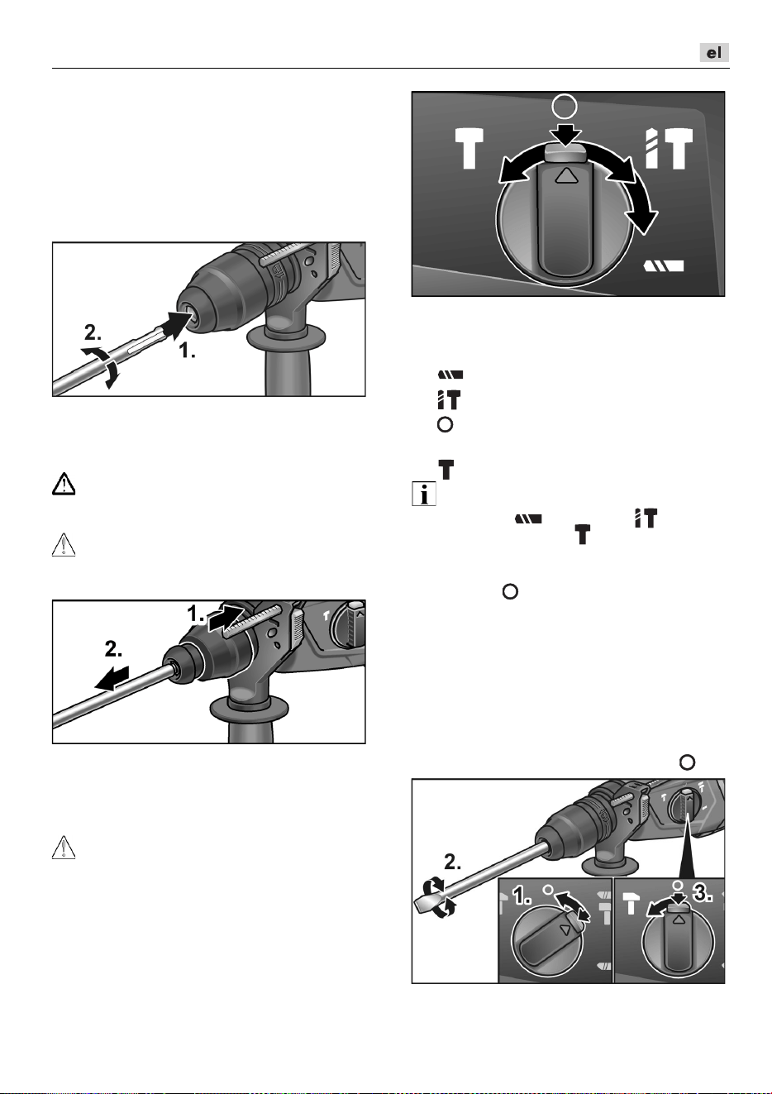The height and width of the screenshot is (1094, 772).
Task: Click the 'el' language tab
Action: [714, 53]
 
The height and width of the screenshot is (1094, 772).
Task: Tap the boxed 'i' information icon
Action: [424, 494]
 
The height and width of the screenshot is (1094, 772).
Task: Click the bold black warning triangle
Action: [64, 484]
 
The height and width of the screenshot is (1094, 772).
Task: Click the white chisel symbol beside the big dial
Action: [664, 266]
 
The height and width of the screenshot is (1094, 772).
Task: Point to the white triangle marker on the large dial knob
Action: [566, 174]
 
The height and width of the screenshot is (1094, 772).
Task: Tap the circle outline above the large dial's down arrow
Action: [565, 106]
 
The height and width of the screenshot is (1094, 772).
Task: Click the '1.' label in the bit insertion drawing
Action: [188, 350]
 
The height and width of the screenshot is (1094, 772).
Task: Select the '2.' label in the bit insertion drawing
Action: [93, 332]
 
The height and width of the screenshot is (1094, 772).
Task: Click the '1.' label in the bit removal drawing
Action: [196, 614]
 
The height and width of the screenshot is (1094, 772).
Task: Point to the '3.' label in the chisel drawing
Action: [703, 893]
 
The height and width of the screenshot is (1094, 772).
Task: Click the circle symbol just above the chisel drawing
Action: [687, 762]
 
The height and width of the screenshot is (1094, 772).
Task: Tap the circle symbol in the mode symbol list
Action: [445, 424]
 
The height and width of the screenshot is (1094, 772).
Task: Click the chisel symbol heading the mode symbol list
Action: [450, 375]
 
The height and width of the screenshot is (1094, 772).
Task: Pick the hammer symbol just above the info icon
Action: [446, 470]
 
